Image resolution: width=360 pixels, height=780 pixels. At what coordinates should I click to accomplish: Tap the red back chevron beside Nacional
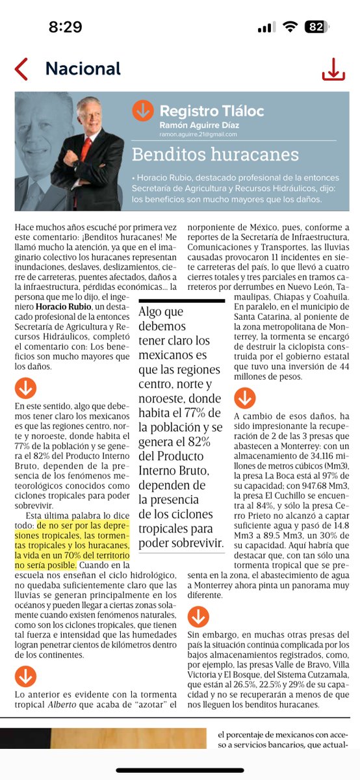click(21, 68)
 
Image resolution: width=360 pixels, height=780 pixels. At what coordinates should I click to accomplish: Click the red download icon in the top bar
click(333, 69)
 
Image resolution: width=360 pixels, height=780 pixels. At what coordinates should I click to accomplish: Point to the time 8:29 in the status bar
click(65, 27)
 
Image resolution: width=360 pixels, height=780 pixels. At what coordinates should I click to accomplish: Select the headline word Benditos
click(164, 155)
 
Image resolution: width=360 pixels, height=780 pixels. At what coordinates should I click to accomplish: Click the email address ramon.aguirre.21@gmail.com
click(198, 134)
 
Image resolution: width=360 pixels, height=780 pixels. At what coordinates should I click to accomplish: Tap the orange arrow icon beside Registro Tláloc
click(143, 110)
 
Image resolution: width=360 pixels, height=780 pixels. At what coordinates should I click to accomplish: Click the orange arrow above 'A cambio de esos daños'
click(245, 398)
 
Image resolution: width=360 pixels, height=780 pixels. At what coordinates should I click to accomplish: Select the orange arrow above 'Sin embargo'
click(198, 616)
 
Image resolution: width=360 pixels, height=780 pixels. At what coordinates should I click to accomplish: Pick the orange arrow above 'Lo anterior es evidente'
click(25, 677)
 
